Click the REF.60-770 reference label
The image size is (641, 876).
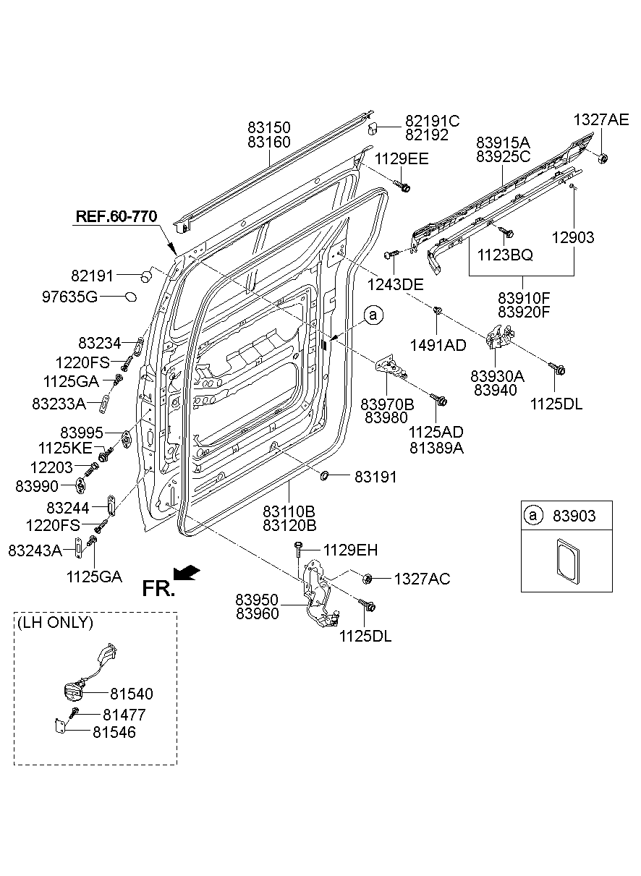click(116, 216)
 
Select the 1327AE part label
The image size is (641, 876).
click(601, 120)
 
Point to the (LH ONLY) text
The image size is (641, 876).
click(56, 622)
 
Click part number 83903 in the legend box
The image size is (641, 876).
click(574, 516)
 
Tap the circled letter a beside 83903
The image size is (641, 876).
click(533, 516)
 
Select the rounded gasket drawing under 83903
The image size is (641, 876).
click(566, 558)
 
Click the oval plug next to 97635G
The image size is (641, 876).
click(131, 296)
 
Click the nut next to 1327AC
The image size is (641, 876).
click(368, 578)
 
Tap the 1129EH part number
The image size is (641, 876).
click(350, 550)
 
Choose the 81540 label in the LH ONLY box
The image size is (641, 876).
click(131, 694)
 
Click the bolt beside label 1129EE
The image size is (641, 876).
click(404, 187)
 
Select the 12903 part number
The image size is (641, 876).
click(573, 237)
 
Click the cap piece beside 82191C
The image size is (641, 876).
click(374, 129)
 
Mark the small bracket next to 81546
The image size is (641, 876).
click(61, 725)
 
